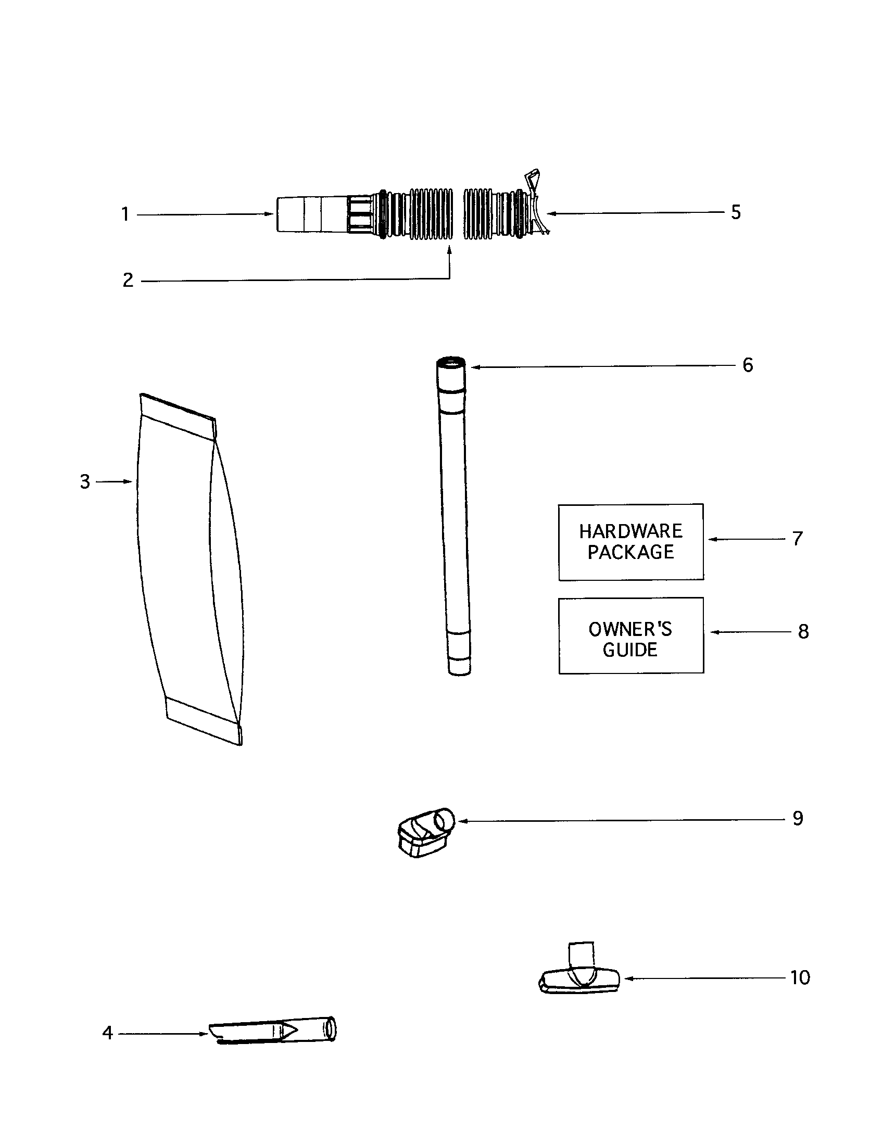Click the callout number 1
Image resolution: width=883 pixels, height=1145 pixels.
tap(125, 214)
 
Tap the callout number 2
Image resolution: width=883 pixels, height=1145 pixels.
tap(128, 281)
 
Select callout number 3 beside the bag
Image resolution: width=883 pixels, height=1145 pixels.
tap(85, 481)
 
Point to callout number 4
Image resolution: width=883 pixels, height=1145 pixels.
tap(107, 1033)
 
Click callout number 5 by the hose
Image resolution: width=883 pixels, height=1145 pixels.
tap(736, 212)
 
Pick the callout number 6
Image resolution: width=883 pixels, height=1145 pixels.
tap(748, 365)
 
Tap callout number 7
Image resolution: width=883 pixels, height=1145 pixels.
tap(798, 539)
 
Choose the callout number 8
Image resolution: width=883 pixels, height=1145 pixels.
tap(803, 632)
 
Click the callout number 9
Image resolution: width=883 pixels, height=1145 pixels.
tap(798, 818)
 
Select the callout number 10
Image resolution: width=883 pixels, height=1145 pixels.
tap(800, 977)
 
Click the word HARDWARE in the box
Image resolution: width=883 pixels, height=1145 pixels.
tap(631, 531)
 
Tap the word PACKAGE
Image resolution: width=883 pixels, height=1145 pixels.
tap(631, 552)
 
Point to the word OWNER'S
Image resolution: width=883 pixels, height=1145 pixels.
tap(630, 629)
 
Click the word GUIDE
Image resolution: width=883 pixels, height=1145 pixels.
tap(630, 650)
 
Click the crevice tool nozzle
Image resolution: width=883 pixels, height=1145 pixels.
tap(273, 1032)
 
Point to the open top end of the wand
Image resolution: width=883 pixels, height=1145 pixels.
tap(450, 362)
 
